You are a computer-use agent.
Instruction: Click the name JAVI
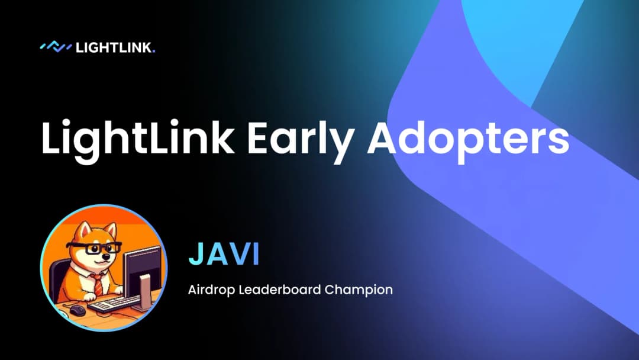click(224, 254)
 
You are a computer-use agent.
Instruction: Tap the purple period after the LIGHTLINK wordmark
click(153, 52)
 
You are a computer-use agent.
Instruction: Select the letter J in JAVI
click(197, 254)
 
